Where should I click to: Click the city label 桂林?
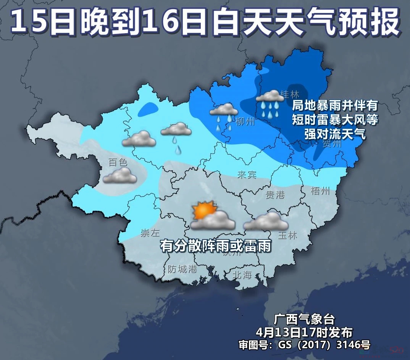(x=290, y=94)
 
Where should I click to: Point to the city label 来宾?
(x=246, y=175)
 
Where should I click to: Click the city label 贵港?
(x=275, y=195)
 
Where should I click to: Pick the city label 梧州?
(x=320, y=191)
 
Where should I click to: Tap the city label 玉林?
(x=287, y=235)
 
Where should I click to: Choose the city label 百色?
(x=118, y=162)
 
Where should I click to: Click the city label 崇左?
(x=150, y=233)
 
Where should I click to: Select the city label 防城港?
(x=182, y=269)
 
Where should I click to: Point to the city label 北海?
(x=242, y=274)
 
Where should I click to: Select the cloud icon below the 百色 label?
(x=120, y=176)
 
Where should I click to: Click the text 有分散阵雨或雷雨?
(x=216, y=246)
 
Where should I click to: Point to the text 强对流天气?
(x=335, y=134)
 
